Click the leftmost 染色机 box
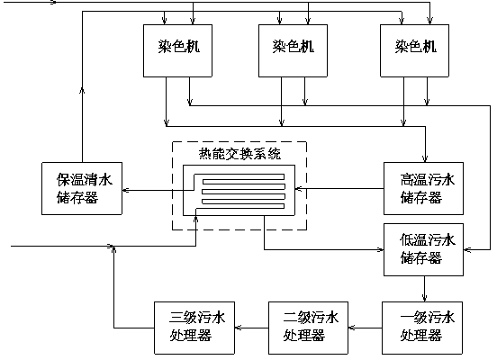tap(177, 50)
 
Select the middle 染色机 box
tap(293, 50)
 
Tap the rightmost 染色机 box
tap(414, 50)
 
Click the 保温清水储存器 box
tap(82, 189)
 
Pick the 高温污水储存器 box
tap(423, 189)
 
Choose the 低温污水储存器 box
tap(423, 249)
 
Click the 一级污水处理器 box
tap(422, 328)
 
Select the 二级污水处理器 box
tap(309, 328)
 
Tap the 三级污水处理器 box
tap(194, 328)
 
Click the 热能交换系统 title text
tap(239, 154)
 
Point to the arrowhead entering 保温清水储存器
tap(125, 190)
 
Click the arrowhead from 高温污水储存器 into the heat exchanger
tap(298, 189)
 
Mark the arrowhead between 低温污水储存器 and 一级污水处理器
tap(424, 298)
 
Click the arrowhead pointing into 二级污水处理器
tap(352, 328)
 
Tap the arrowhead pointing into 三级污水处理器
tap(239, 328)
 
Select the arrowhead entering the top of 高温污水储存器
tap(425, 158)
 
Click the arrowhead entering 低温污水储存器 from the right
tap(467, 249)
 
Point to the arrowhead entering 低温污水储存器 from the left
tap(380, 249)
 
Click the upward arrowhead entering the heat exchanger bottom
tap(196, 220)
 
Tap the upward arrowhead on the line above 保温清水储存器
tap(82, 91)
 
